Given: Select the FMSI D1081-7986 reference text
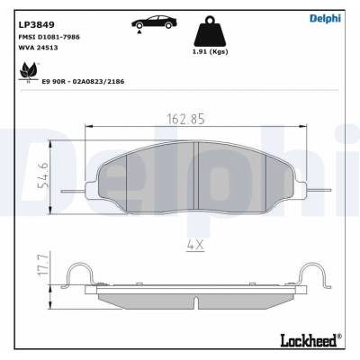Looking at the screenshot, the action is point(49,37).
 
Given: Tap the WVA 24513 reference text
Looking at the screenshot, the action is point(38,48).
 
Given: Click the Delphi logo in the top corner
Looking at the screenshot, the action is point(325,18).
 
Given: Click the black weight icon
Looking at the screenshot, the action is point(210,31).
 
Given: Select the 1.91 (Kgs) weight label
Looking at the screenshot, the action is point(210,51).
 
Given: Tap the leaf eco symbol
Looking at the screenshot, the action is point(29,72).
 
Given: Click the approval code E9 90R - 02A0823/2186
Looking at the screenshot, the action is point(84,81).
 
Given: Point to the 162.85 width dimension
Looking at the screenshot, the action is point(185,119).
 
